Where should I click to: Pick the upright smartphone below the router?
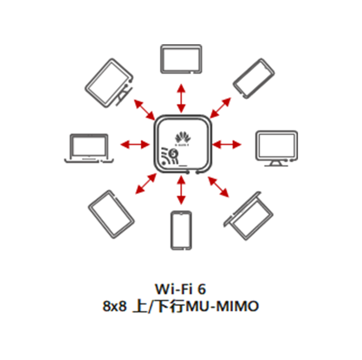tap(181, 230)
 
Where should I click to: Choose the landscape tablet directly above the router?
tap(181, 59)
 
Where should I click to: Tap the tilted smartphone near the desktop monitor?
tap(254, 78)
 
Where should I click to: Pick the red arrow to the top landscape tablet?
tap(181, 98)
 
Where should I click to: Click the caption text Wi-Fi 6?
tap(181, 287)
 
